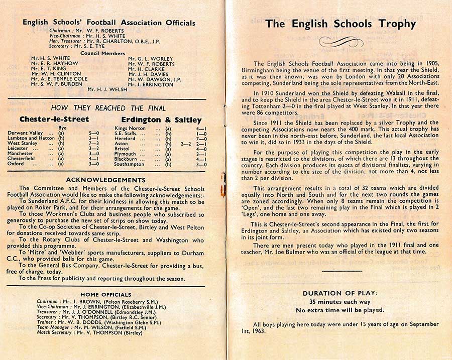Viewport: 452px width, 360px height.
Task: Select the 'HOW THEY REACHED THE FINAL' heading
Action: [x=108, y=108]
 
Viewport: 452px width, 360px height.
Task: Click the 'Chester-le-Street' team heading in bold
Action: [x=54, y=119]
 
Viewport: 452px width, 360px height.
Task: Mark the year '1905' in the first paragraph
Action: [x=431, y=64]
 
